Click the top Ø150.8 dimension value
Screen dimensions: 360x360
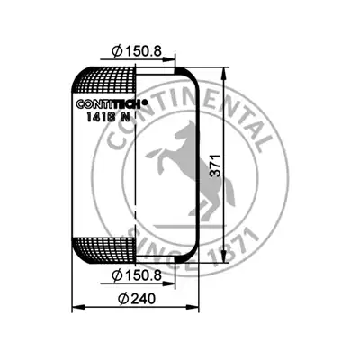point(137,52)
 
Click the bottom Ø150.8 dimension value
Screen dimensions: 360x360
point(137,275)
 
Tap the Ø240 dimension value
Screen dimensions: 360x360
point(137,299)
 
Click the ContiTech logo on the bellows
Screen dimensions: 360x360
point(112,103)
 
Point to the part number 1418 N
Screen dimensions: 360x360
point(108,117)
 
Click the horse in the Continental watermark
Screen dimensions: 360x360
point(191,168)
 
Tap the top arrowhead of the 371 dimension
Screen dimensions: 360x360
point(224,74)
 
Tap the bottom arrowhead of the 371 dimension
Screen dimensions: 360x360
point(224,256)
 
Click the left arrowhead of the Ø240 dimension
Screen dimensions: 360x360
point(78,307)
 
